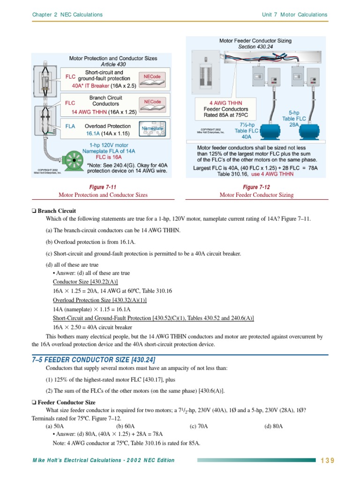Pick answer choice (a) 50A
tap(55, 426)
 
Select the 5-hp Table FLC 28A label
tap(295, 119)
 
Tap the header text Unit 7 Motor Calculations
tap(294, 15)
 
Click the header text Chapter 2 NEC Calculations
tap(67, 15)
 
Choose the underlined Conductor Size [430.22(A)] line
tap(85, 282)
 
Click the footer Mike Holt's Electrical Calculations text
tap(103, 460)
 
